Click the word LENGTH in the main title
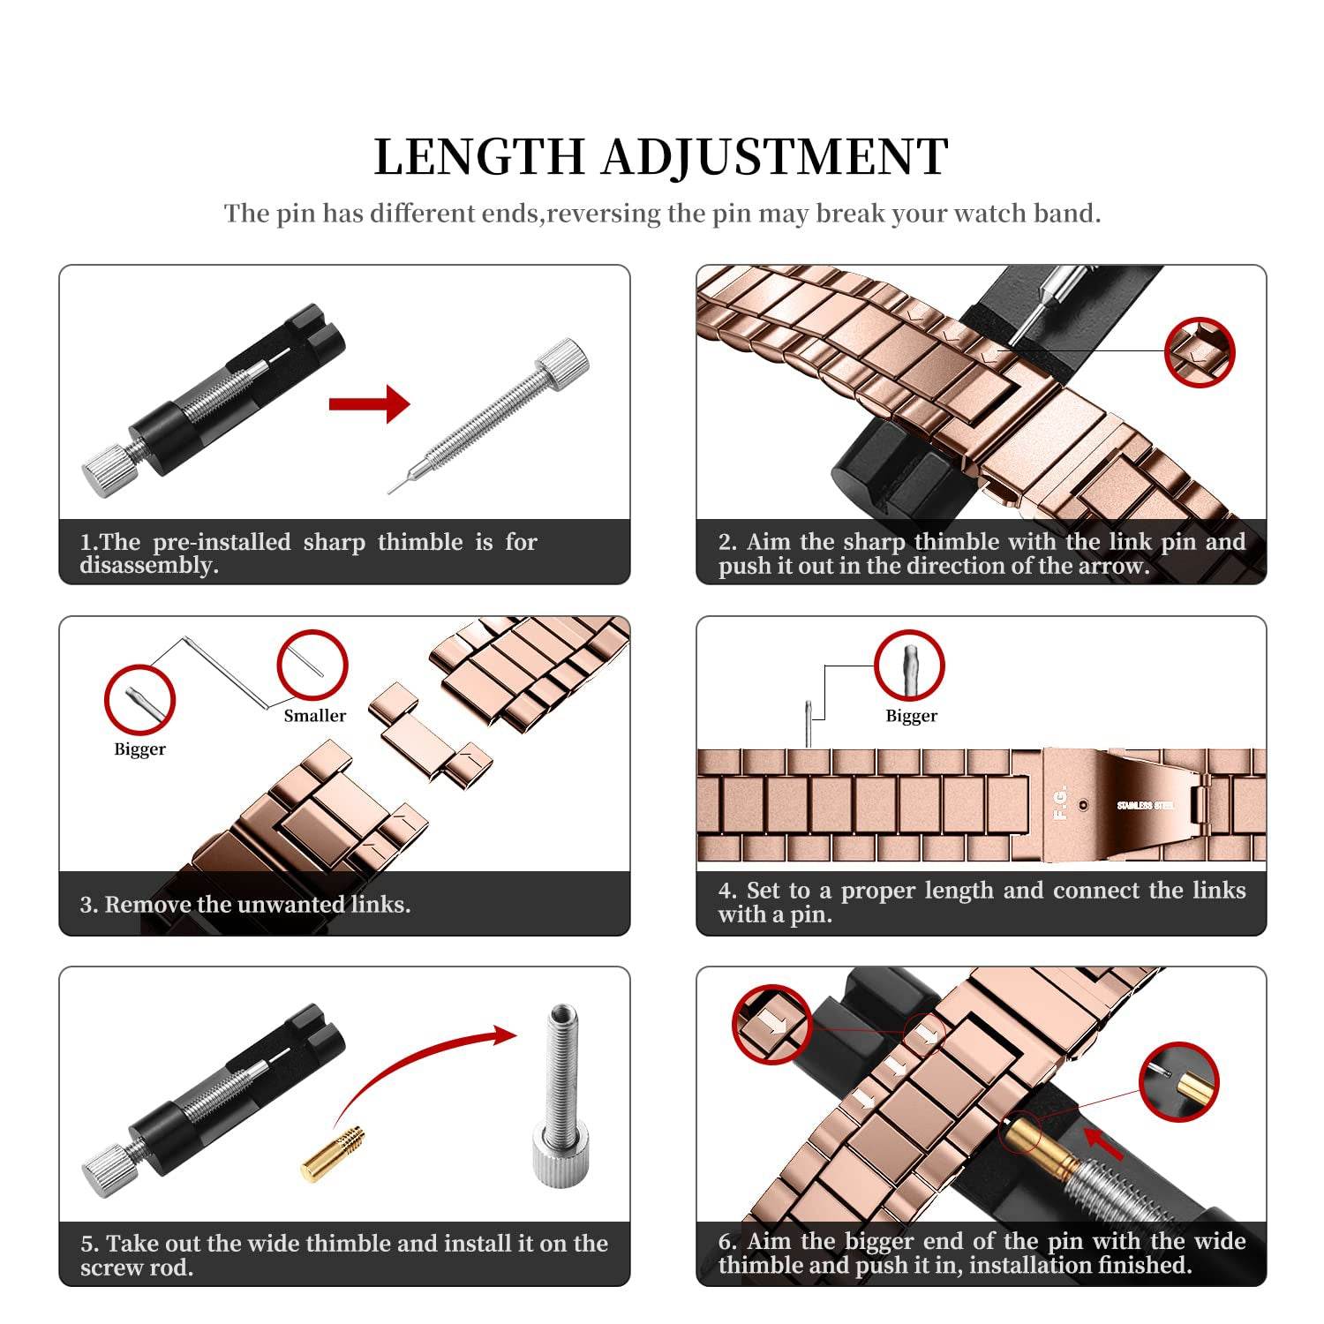(479, 158)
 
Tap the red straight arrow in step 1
(369, 404)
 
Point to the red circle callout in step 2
(1199, 351)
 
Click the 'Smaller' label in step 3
(314, 716)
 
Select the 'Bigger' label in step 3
(139, 749)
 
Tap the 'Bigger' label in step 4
(911, 716)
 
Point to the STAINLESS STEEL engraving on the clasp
(1145, 806)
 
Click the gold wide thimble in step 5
(333, 1154)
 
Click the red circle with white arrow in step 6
(771, 1025)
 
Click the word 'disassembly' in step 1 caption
(147, 566)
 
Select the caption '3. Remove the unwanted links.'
(245, 905)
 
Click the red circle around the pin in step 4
(909, 666)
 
